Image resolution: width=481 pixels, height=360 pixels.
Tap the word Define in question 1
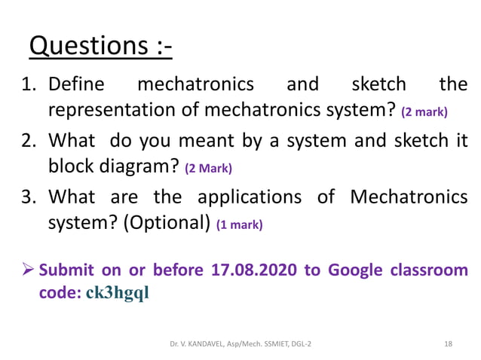tap(76, 84)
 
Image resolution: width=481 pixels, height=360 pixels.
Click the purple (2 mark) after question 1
tap(424, 112)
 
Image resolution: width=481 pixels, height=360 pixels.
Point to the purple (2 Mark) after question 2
tap(208, 168)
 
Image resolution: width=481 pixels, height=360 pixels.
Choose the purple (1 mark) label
tap(239, 224)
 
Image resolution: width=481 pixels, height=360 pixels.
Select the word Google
tap(354, 270)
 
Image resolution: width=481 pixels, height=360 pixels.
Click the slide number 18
tap(449, 343)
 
